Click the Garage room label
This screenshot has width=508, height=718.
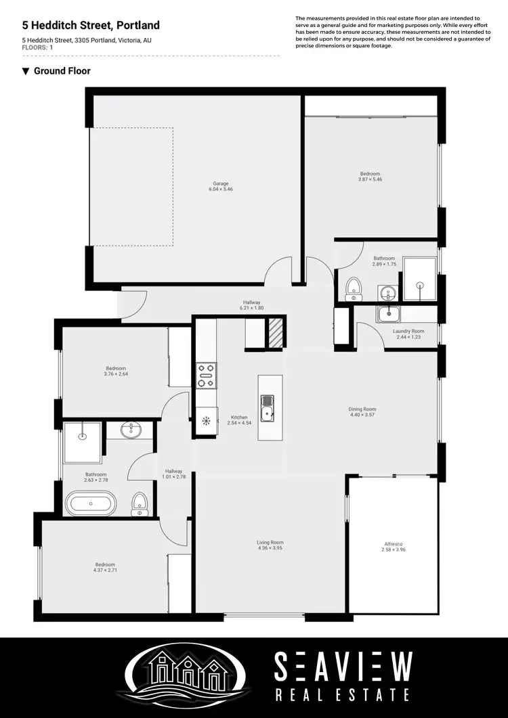(x=221, y=183)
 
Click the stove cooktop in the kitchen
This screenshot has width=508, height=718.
(x=207, y=376)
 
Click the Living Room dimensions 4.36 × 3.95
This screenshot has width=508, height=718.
(x=270, y=548)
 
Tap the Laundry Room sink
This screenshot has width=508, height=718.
(x=389, y=313)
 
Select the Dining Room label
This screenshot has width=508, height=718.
(x=362, y=409)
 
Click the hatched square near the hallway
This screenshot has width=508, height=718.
(x=274, y=334)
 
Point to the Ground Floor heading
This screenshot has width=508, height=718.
(x=62, y=71)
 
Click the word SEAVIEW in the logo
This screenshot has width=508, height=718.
(x=343, y=667)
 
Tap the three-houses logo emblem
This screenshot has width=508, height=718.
(x=188, y=673)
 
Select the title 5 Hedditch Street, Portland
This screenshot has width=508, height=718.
(x=91, y=26)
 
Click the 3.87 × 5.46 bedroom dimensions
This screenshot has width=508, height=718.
(x=370, y=180)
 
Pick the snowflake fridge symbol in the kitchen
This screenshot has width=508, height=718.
(x=207, y=420)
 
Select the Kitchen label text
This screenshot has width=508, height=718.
(x=239, y=418)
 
